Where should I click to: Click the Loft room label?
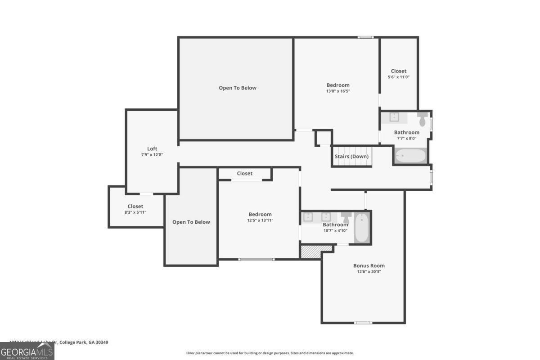pos(152,149)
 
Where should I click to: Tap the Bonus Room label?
pos(369,265)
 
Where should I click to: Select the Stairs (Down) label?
pos(351,157)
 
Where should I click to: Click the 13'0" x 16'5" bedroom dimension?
pos(337,91)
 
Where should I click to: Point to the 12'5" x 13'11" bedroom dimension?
pos(260,220)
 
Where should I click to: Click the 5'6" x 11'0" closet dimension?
pos(398,77)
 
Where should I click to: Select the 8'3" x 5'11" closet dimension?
pos(135,212)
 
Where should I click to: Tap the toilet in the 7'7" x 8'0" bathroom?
pos(422,119)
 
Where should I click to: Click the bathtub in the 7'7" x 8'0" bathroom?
pos(410,156)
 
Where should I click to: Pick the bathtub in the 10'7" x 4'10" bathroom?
pos(362,228)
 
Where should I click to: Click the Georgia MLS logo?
pos(27,351)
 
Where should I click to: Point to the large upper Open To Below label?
pos(238,88)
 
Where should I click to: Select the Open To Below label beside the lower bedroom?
pos(191,222)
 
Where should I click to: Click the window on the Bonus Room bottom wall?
pos(363,323)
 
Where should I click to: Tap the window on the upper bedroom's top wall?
pos(365,37)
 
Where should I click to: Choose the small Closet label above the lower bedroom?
pos(244,173)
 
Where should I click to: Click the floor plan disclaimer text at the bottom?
pos(270,353)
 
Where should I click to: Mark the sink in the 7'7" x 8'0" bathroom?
pos(394,117)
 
